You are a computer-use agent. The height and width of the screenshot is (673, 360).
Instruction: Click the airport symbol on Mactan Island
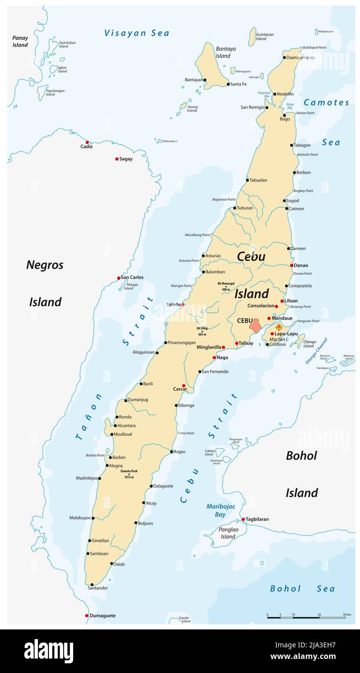(279, 327)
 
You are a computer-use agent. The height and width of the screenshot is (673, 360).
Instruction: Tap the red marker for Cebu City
(255, 325)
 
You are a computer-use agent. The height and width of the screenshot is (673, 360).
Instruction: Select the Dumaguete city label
(102, 616)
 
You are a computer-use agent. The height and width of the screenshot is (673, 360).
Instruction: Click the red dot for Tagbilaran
(243, 519)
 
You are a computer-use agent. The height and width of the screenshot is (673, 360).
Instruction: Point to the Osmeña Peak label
(129, 474)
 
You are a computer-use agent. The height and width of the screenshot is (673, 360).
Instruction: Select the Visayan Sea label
(137, 33)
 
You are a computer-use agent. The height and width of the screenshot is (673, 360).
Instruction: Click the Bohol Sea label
(302, 589)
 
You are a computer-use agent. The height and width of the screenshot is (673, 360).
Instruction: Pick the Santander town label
(97, 588)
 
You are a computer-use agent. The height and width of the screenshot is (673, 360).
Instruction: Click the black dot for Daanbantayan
(284, 58)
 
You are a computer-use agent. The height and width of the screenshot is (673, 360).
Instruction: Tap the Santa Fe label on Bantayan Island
(238, 84)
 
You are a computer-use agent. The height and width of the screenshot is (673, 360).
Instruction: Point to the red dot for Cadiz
(87, 142)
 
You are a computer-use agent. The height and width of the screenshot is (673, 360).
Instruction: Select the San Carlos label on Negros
(132, 277)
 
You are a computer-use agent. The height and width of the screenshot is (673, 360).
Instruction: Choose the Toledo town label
(173, 305)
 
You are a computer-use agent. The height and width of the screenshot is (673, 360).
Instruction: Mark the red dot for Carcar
(183, 386)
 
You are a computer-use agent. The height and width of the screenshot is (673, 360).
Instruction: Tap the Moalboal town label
(123, 434)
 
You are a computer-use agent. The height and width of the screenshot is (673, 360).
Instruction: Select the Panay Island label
(20, 41)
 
